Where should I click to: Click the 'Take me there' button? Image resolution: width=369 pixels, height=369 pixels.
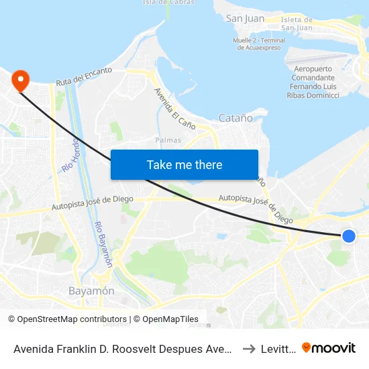pos(184,164)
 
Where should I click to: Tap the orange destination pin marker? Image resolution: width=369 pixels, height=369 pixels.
pos(21,81)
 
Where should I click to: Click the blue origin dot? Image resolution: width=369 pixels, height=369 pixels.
pos(348,235)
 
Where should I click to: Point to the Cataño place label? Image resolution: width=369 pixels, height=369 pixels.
pos(235,118)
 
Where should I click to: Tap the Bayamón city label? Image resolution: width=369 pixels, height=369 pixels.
pos(91,291)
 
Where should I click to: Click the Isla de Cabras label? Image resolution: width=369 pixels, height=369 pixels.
pos(169,2)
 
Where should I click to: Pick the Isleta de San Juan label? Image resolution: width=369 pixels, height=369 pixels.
pos(296,23)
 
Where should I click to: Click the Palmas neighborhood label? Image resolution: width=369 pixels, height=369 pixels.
pos(167,140)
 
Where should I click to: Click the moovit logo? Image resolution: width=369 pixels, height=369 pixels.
pos(329,348)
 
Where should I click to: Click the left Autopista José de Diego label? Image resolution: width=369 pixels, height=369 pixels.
pos(93,204)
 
